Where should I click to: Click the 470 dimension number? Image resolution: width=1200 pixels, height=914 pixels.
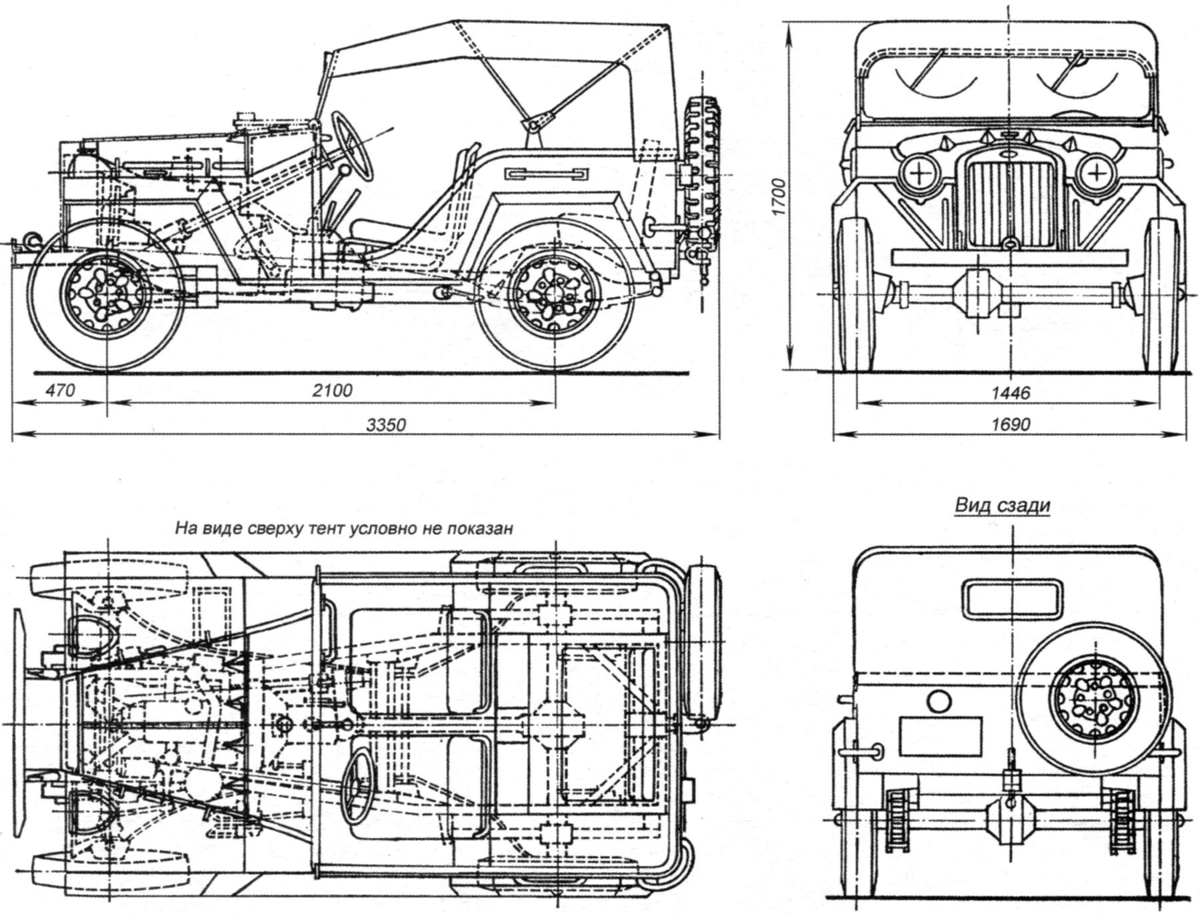click(x=60, y=390)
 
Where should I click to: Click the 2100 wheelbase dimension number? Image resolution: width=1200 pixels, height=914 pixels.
click(x=332, y=390)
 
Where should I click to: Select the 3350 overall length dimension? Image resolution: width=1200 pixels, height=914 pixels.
click(x=385, y=424)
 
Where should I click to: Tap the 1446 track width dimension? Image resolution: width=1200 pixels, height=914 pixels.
click(x=1009, y=393)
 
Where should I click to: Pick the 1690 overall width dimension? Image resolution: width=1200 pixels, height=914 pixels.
click(x=1009, y=424)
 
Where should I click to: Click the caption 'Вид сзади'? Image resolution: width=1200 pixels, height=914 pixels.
click(x=1002, y=505)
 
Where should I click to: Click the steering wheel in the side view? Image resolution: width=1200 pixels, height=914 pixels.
click(x=351, y=144)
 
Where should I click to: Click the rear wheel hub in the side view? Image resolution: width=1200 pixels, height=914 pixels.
click(x=552, y=294)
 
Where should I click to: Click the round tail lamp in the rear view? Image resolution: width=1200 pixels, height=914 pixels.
click(x=939, y=701)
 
